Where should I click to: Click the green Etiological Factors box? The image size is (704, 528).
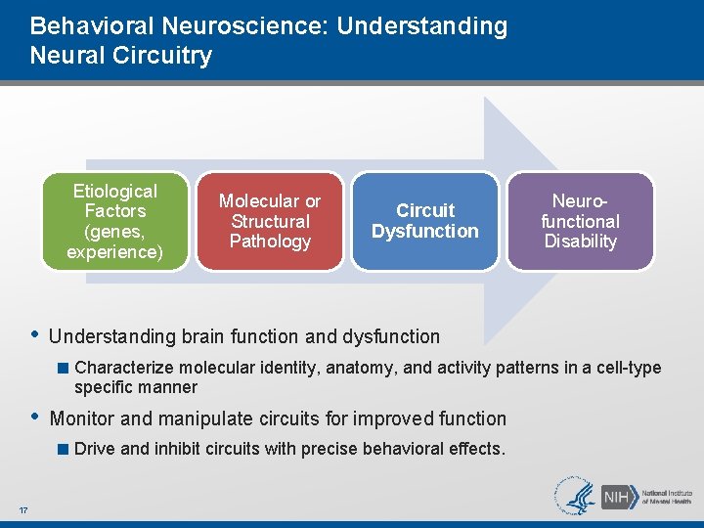click(x=114, y=222)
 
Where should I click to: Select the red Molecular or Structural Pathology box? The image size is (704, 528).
click(x=270, y=222)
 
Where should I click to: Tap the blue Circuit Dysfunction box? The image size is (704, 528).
click(x=425, y=222)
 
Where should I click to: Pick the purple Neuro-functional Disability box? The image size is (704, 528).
click(x=580, y=222)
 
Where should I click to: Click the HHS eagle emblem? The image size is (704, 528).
click(x=574, y=496)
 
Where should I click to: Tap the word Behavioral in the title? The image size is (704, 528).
click(x=86, y=26)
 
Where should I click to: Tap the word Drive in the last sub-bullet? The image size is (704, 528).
click(x=95, y=450)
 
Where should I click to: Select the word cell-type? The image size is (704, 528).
click(x=630, y=369)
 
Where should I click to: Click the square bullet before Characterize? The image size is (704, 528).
click(x=63, y=369)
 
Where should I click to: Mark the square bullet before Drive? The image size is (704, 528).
click(x=63, y=450)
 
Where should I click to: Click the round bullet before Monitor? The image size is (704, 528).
click(x=34, y=417)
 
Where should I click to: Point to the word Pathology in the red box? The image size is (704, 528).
click(x=270, y=241)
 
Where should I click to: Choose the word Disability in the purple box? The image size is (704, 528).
click(x=580, y=241)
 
